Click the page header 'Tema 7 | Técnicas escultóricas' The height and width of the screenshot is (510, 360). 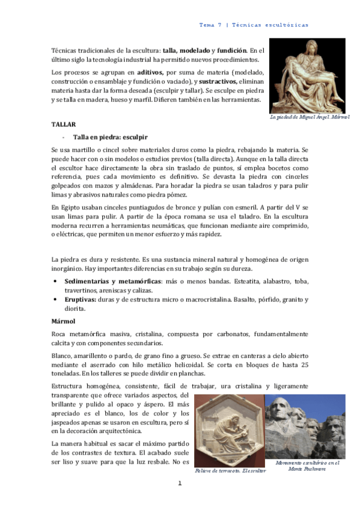click(x=253, y=25)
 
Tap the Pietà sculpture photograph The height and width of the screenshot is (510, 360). click(x=307, y=75)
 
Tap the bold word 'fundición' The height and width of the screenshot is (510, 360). click(x=230, y=51)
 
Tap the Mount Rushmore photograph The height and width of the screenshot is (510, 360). click(x=305, y=426)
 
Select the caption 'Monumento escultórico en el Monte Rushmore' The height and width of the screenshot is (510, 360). click(x=307, y=466)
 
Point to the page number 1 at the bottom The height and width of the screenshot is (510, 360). click(x=179, y=483)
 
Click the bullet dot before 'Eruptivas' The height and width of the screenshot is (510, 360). click(x=56, y=299)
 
